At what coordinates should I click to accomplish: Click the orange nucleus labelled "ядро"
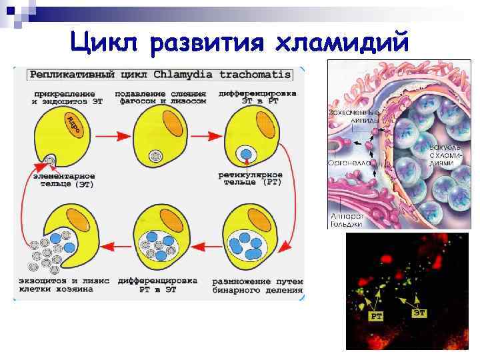73,123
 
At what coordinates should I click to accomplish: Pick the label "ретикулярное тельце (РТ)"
250,178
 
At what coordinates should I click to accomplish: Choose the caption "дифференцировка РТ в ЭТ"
160,285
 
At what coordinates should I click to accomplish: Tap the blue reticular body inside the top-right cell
247,155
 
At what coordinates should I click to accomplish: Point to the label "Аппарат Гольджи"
346,221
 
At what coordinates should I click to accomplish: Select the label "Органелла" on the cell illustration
345,162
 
